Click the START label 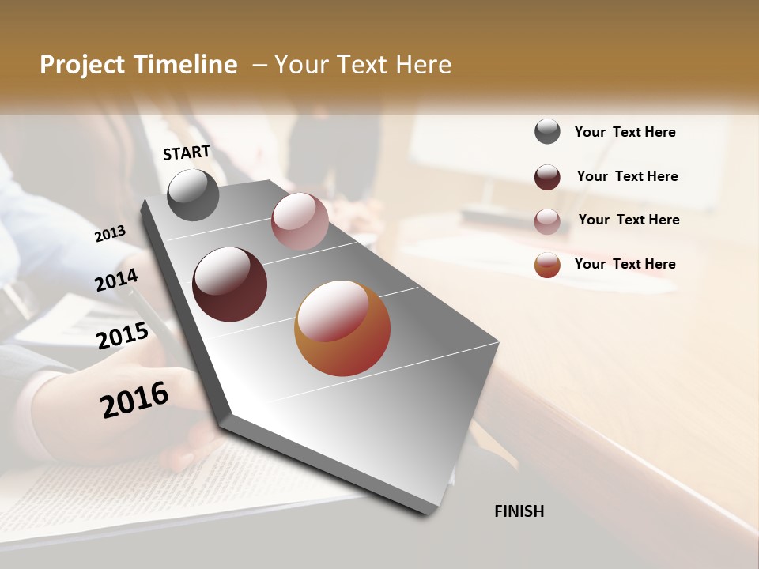tap(187, 153)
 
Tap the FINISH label tap(519, 511)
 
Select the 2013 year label tap(110, 233)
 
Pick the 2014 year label tap(116, 280)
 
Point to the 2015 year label tap(122, 336)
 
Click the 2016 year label tap(134, 399)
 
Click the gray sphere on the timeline tap(193, 195)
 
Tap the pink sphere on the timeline tap(300, 221)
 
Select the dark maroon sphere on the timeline tap(229, 284)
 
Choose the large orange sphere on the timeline tap(342, 328)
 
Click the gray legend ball tap(547, 131)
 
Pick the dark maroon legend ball tap(547, 177)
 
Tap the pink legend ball tap(547, 221)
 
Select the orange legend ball tap(547, 265)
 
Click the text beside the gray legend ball tap(625, 132)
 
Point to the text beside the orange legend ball tap(625, 264)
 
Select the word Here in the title tap(423, 65)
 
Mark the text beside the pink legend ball tap(629, 220)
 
